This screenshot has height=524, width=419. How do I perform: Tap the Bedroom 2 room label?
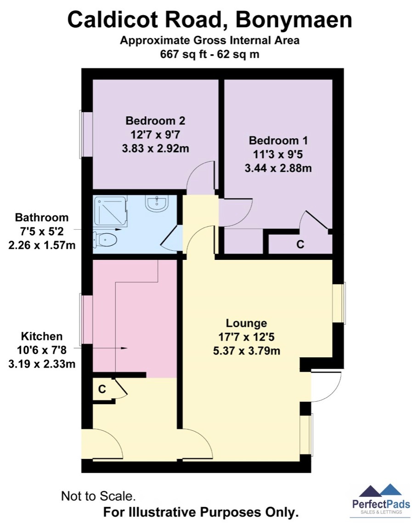point(155,121)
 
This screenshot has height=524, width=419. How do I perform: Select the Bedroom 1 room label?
point(278,141)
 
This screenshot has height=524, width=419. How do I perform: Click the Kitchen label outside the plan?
point(41,336)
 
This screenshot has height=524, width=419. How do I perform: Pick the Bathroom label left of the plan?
point(42,217)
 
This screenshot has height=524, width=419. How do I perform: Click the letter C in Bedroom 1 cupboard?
point(300,245)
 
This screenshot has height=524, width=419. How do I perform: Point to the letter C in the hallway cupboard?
point(102,389)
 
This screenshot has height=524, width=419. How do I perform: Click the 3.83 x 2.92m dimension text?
point(155,149)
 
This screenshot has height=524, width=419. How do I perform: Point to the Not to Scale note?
point(99,496)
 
